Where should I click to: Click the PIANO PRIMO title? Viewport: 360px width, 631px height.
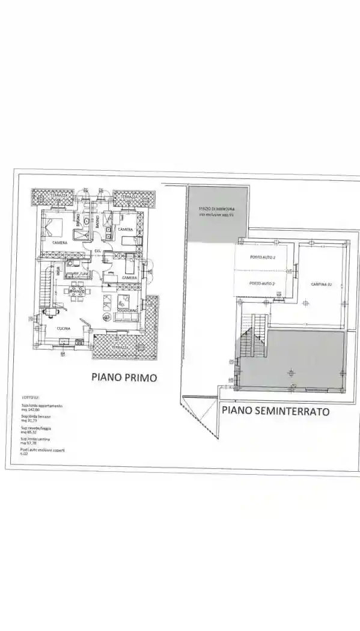(124, 377)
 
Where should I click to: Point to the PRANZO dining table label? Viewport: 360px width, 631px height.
(76, 299)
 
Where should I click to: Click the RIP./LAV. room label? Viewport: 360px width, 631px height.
(77, 274)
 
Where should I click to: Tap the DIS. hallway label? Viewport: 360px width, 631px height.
(97, 250)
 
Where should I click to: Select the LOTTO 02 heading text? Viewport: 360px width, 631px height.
(29, 398)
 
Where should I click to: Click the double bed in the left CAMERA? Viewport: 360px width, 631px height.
(53, 227)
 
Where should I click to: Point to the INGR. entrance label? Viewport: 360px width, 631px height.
(58, 272)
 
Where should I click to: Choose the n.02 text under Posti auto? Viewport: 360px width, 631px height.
(25, 455)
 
